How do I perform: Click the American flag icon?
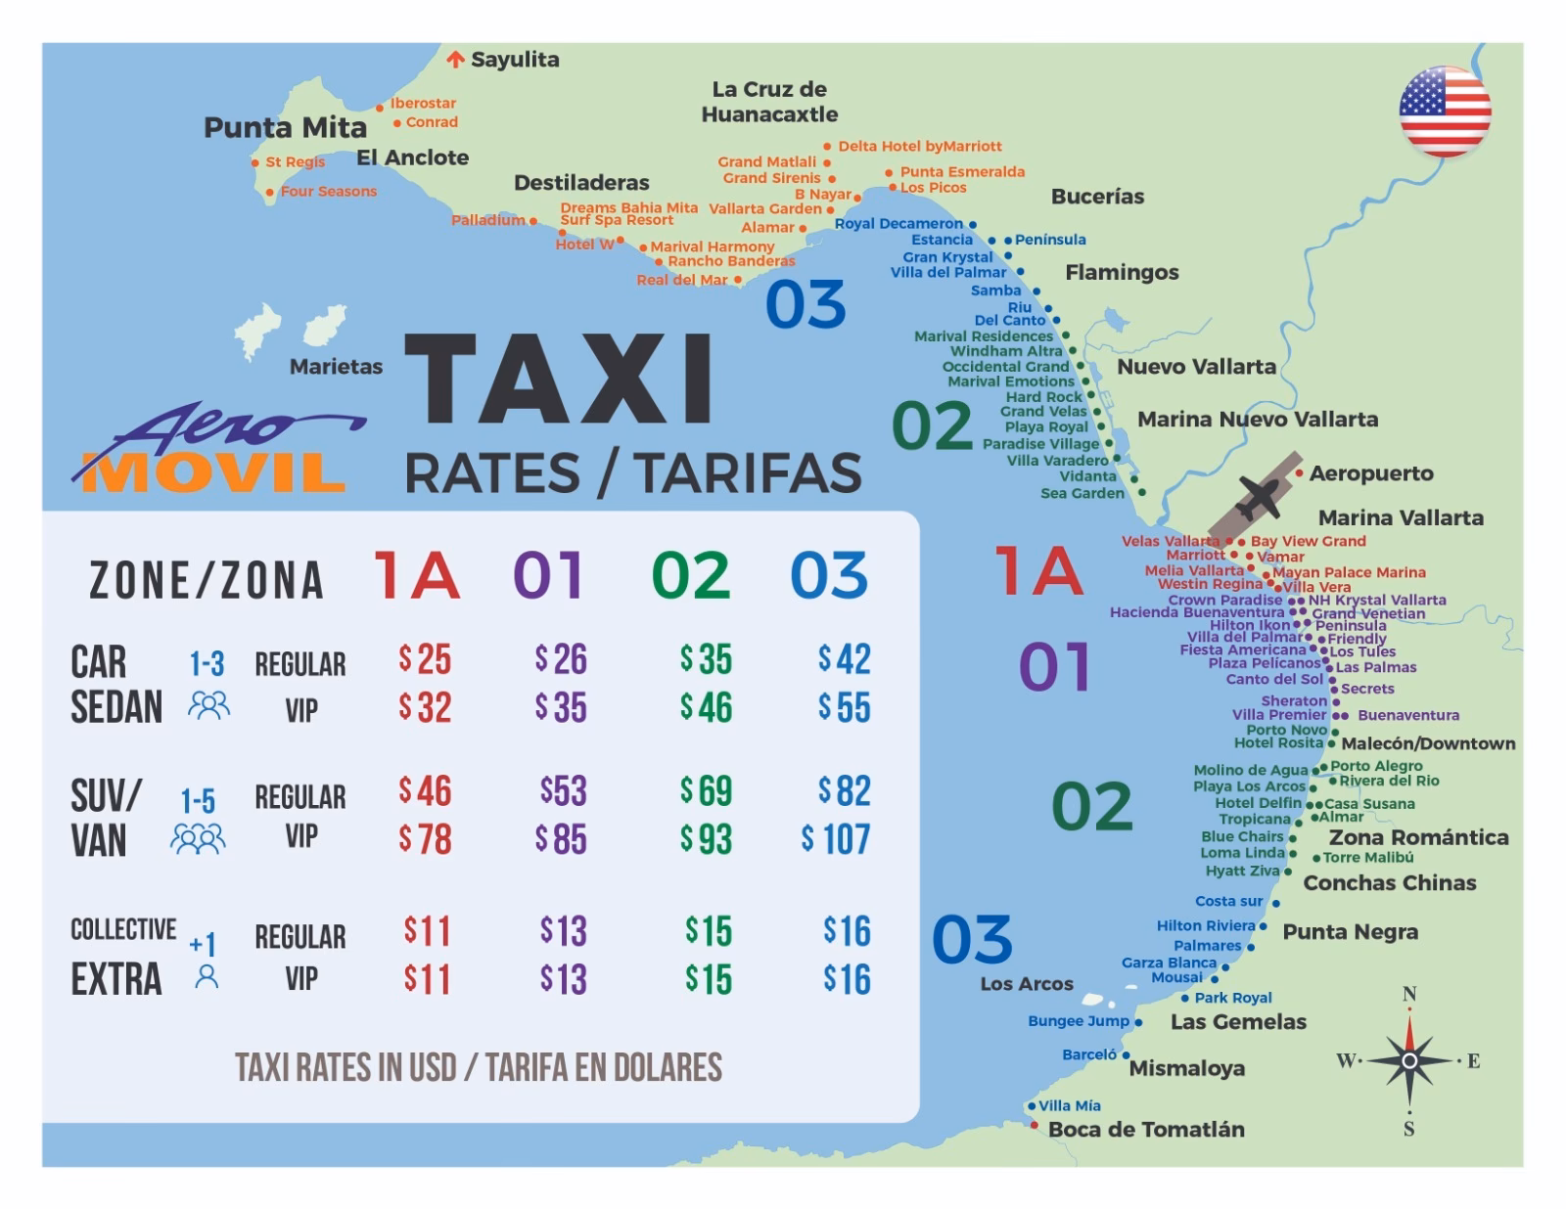coord(1445,112)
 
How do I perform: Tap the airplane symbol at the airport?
coord(1259,497)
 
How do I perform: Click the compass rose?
coord(1408,1060)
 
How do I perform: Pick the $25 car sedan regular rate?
coord(425,659)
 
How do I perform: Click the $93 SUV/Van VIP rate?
coord(706,839)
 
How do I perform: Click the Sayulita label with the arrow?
coord(504,60)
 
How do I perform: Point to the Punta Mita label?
coord(285,127)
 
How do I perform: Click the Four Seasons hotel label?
coord(328,192)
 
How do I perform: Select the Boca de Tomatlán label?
coord(1145,1129)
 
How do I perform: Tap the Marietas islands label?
coord(336,367)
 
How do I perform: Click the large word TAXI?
coord(560,381)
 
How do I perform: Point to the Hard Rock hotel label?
coord(1043,397)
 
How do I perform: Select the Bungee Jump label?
coord(1078,1021)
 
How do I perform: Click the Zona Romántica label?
coord(1417,837)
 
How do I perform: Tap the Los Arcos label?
coord(1026,984)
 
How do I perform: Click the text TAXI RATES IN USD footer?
coord(479,1067)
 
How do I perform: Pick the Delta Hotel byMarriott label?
coord(919,147)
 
